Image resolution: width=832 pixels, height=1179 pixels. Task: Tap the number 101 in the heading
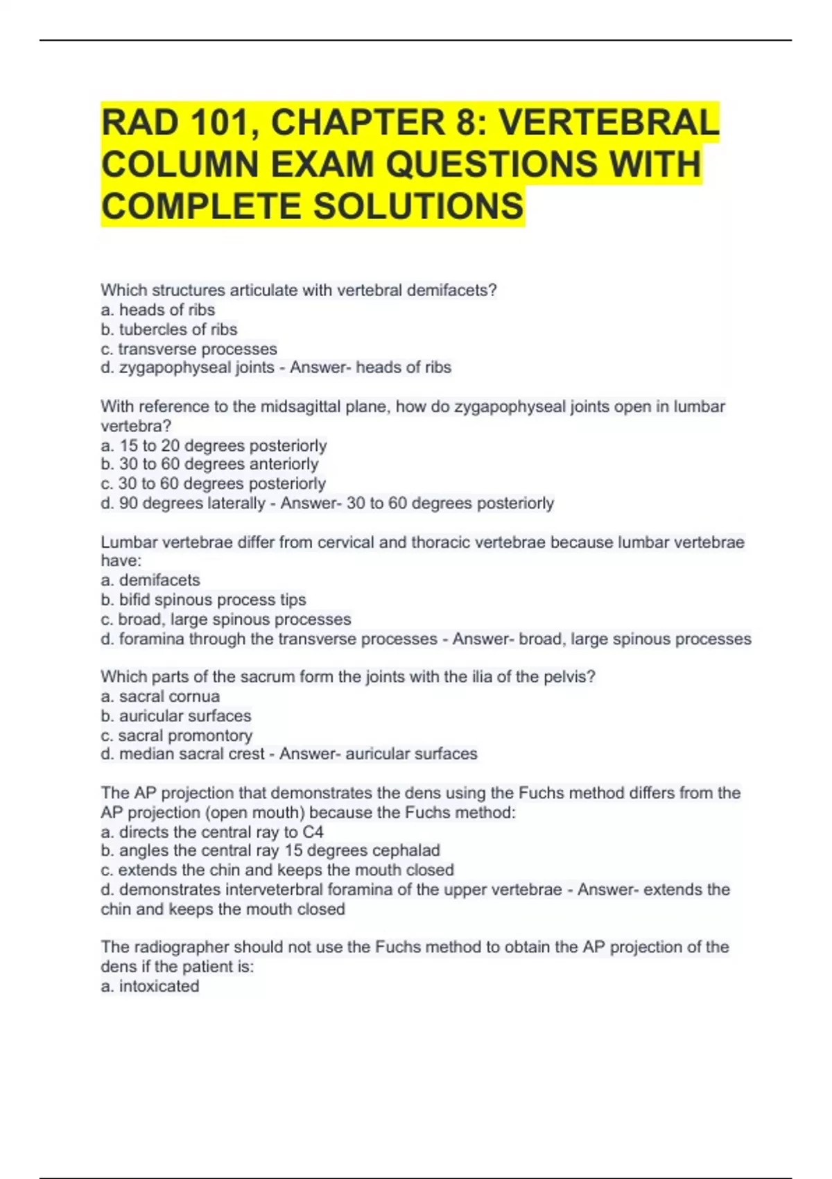(220, 123)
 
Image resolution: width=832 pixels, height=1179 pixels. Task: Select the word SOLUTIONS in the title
(418, 206)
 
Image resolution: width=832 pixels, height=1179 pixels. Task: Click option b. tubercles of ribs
(169, 329)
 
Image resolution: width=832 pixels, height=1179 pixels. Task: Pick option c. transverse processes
(189, 349)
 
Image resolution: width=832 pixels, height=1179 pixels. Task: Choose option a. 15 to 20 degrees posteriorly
(214, 445)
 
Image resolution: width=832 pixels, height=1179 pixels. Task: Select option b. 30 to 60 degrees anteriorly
(209, 464)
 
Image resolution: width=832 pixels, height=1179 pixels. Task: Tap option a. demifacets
(150, 580)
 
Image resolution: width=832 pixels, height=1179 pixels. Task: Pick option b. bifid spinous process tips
(203, 599)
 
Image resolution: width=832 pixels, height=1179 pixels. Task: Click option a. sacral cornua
(160, 696)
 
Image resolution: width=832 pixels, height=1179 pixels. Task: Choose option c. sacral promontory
(177, 735)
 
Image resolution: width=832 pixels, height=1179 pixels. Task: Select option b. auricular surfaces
(176, 716)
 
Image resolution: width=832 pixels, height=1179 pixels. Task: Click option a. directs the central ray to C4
(212, 832)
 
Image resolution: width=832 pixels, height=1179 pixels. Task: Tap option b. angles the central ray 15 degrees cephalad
(270, 850)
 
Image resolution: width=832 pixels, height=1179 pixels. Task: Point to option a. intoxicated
(150, 986)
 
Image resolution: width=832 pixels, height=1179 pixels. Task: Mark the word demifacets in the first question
(448, 291)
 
